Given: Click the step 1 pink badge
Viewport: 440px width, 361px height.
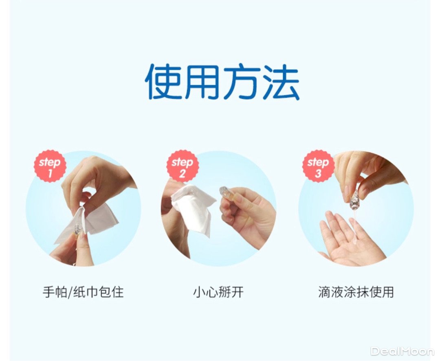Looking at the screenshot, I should (50, 167).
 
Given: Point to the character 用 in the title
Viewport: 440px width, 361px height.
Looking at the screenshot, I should (202, 82).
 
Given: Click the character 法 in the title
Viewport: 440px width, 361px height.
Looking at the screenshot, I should (280, 82).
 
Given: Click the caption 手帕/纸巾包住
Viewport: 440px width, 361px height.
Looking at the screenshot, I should (83, 292).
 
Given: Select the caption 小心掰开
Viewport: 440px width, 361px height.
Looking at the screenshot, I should (218, 292).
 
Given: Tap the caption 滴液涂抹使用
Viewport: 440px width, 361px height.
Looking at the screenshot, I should (356, 292).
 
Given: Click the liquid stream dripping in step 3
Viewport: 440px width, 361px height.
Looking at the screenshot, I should (354, 225).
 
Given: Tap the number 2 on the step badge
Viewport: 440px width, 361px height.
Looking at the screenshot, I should (182, 173).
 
